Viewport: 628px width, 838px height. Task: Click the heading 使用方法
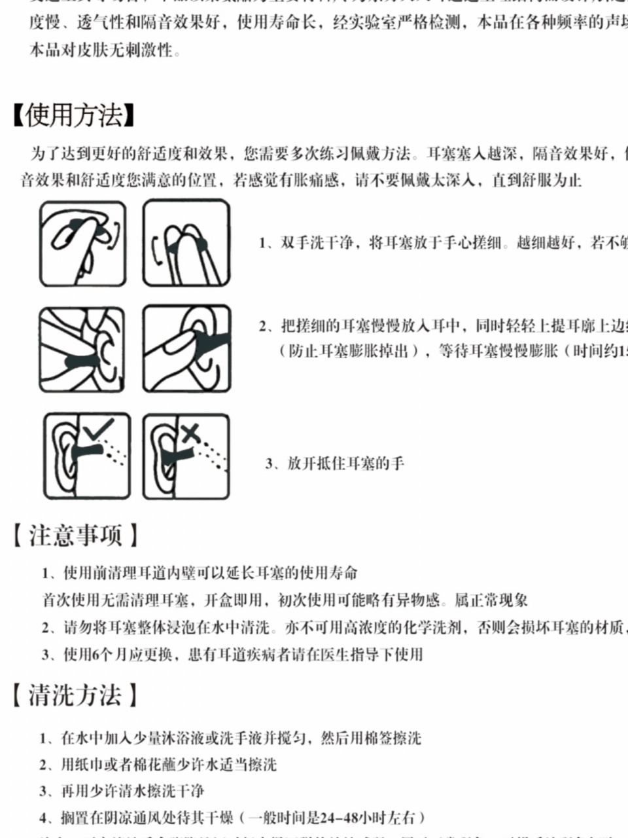click(74, 115)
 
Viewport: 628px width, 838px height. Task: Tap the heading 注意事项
click(75, 535)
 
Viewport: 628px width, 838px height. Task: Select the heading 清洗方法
click(75, 695)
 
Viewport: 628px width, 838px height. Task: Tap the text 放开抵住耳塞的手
click(345, 464)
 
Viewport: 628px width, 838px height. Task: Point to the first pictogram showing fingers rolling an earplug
click(82, 244)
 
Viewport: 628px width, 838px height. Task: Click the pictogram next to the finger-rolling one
click(186, 244)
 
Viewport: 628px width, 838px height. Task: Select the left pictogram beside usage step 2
click(82, 349)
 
